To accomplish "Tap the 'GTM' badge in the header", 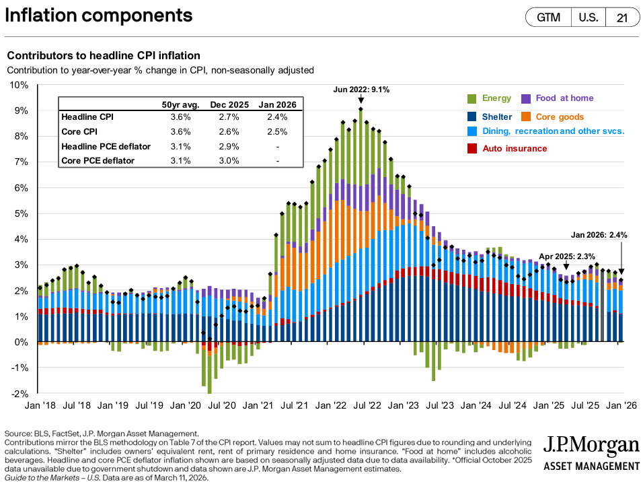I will coord(548,18).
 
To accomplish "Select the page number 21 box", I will coord(621,18).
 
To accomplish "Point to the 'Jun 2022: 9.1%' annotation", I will coord(361,90).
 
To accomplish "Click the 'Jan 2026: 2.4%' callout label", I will coord(599,235).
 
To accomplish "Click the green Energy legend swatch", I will coord(472,98).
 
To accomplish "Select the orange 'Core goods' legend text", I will coord(560,116).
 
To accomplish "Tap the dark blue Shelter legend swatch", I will coord(472,116).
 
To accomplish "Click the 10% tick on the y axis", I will coord(18,85).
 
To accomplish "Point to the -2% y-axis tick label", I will coord(18,394).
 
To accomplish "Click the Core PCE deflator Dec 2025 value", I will coord(229,160).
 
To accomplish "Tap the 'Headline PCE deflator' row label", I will coord(106,146).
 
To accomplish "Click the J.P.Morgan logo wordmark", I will coord(590,446).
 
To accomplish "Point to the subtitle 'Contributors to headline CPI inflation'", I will coord(103,55).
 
